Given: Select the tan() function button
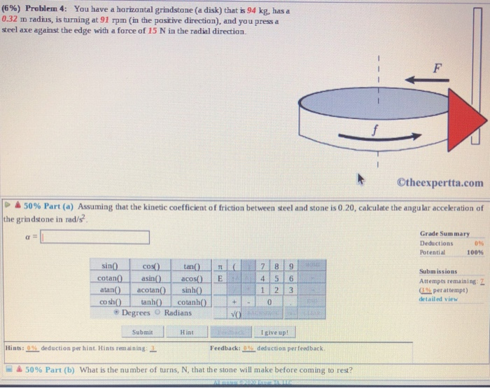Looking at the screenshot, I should (x=190, y=267).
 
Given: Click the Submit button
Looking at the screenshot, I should (x=141, y=332).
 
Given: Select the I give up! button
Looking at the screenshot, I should (x=272, y=332).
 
